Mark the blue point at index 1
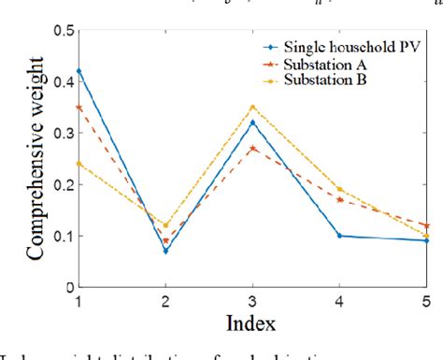click(x=79, y=71)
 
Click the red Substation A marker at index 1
click(x=79, y=107)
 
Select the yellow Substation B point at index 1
click(x=79, y=164)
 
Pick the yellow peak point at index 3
click(x=251, y=107)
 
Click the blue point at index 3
click(x=251, y=122)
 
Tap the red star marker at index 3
click(x=251, y=148)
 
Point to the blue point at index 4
click(x=338, y=236)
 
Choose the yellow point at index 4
click(x=338, y=189)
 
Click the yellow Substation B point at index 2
click(x=164, y=224)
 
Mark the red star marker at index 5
click(x=425, y=225)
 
